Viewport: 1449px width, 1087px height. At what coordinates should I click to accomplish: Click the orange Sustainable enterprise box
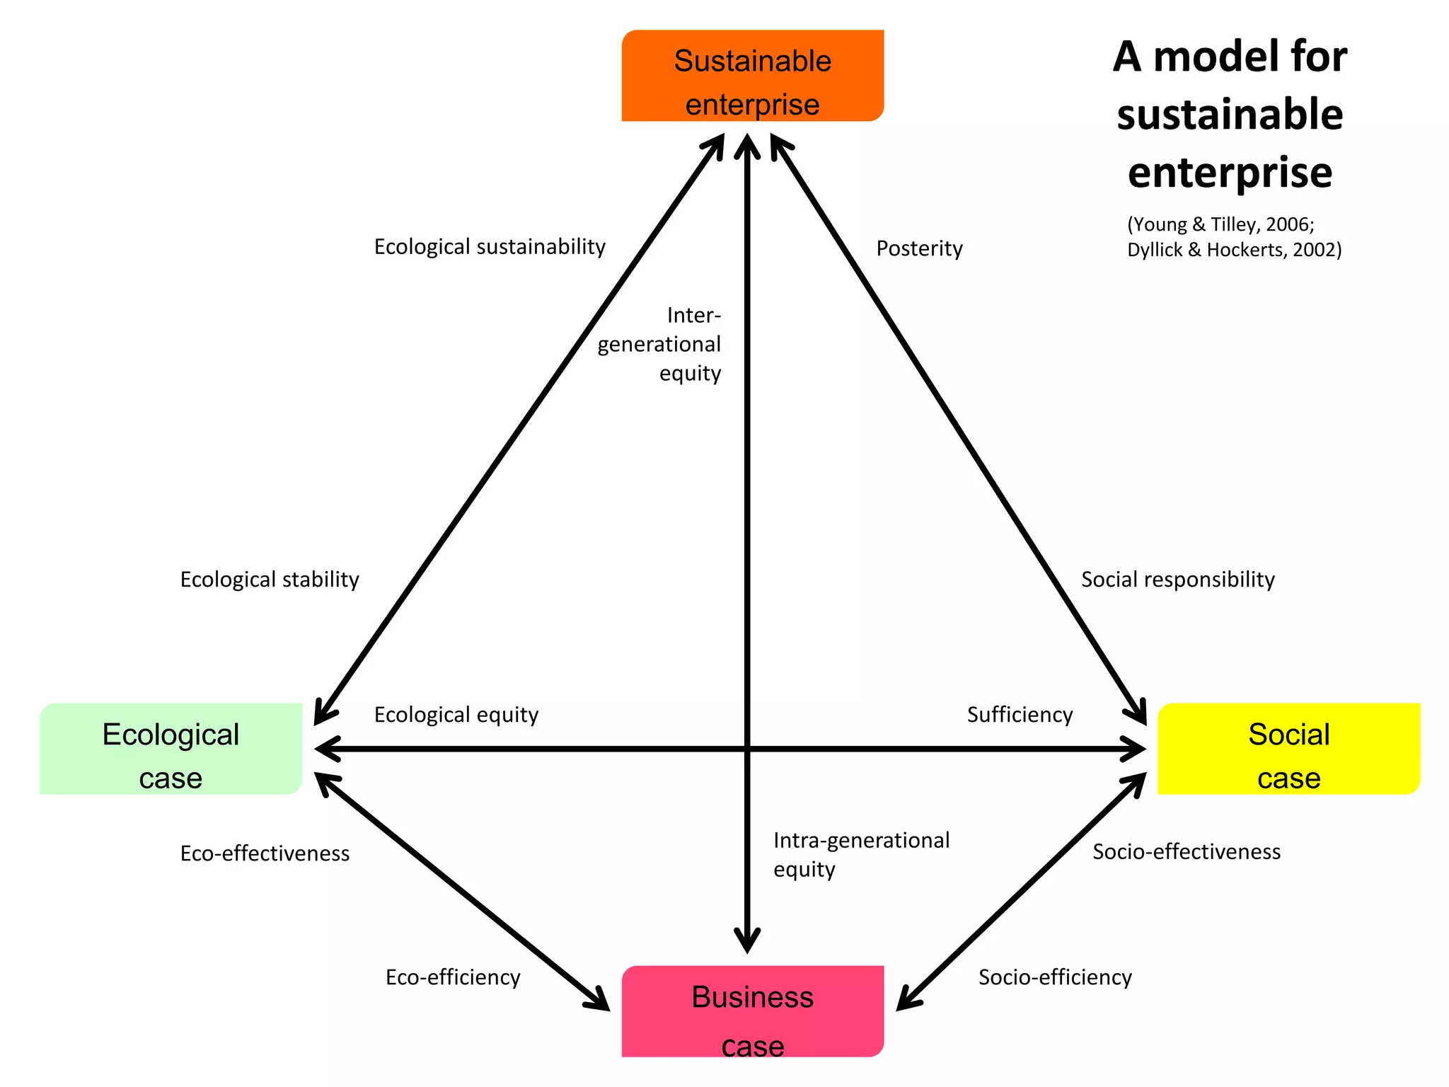(752, 76)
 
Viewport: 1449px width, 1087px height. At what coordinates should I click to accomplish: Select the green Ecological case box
(171, 749)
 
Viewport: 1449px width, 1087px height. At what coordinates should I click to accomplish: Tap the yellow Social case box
(1288, 749)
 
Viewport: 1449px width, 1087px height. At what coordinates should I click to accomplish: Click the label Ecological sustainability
(490, 247)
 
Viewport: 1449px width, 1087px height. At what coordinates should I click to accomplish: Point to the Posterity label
(919, 248)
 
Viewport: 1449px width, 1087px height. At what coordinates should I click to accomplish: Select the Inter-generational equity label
(659, 344)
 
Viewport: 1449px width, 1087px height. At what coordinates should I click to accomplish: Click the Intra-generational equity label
(861, 854)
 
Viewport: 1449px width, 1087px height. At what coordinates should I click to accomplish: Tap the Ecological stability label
(270, 580)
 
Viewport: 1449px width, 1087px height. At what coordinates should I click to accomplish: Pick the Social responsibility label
(1177, 580)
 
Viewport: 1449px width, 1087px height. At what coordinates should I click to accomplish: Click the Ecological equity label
(456, 715)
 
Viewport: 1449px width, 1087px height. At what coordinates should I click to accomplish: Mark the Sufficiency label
(1020, 715)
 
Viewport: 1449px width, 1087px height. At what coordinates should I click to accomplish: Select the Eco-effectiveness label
(265, 853)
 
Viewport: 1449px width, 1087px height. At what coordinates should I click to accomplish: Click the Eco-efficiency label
(453, 977)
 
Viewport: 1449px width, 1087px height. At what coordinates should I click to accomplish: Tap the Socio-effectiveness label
(1187, 851)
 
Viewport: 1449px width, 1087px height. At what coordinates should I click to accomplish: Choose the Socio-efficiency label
(1055, 977)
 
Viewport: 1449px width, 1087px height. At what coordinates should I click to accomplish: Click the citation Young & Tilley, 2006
(1220, 224)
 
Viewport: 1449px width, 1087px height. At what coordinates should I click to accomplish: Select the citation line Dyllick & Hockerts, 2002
(1234, 250)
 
